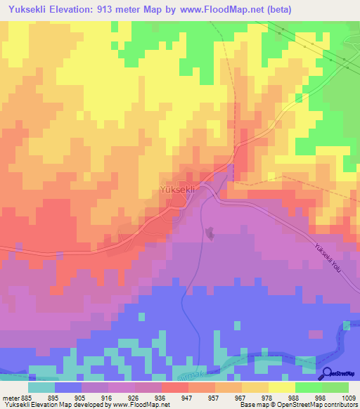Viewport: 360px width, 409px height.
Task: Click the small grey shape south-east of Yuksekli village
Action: tap(210, 233)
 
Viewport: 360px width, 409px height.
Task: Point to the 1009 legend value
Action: tap(348, 398)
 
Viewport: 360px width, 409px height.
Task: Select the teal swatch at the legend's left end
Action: tap(41, 387)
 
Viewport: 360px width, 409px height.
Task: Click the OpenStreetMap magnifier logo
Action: tap(328, 374)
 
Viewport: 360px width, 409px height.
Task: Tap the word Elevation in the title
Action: tap(77, 10)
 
